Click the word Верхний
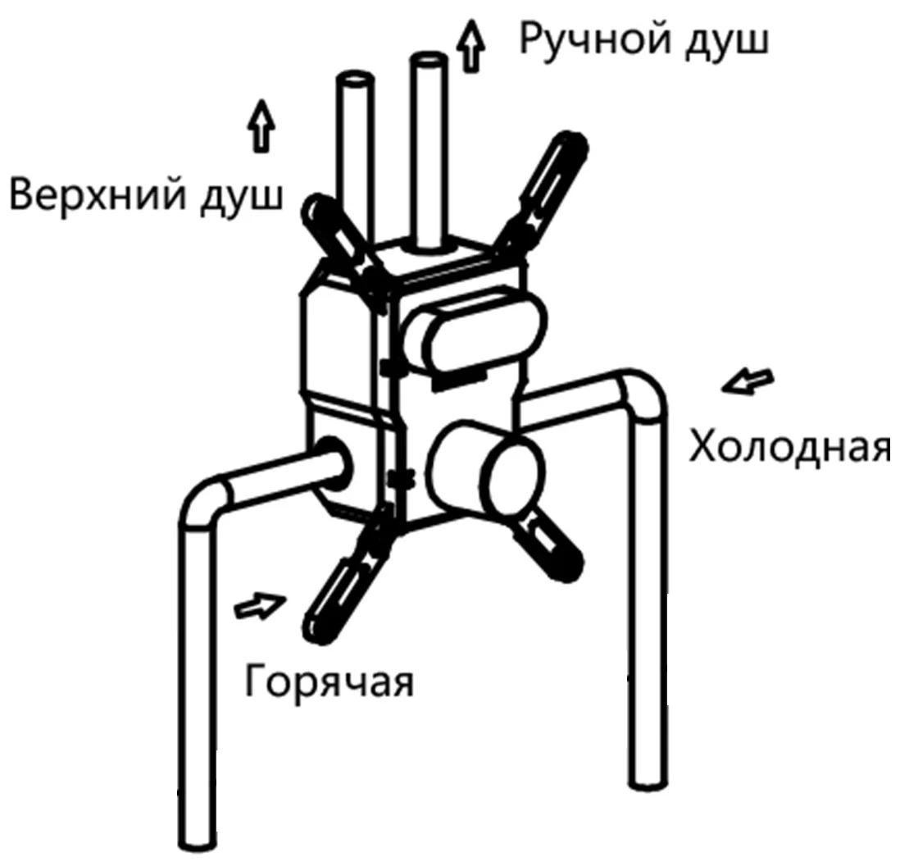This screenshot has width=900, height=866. click(98, 195)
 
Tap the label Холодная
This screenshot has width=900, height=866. click(790, 447)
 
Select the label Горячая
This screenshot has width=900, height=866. click(329, 681)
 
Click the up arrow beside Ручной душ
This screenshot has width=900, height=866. click(470, 46)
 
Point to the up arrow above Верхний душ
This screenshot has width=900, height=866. click(261, 126)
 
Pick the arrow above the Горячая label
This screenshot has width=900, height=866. click(260, 605)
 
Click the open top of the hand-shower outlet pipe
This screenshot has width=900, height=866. click(429, 60)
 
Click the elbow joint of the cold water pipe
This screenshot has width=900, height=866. click(640, 396)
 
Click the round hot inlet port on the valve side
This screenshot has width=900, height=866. click(332, 463)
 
